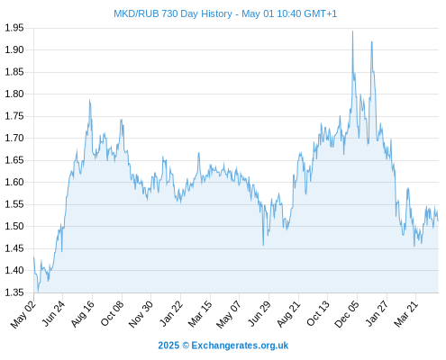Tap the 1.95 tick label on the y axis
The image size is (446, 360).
tap(14, 28)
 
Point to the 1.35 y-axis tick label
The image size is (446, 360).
tap(14, 292)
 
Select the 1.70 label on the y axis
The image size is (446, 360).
tap(14, 138)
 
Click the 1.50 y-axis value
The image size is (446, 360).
tap(14, 226)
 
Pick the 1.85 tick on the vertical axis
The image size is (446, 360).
tap(14, 72)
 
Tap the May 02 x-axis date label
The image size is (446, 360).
tap(23, 314)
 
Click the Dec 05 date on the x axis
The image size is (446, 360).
tap(347, 314)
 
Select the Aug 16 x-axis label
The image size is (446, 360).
tap(83, 314)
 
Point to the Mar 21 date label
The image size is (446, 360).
tap(405, 314)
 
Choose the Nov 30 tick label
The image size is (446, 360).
tap(141, 314)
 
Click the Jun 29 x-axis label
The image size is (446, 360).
tap(259, 314)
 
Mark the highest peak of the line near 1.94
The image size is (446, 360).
tap(352, 31)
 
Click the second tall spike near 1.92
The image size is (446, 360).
tap(372, 41)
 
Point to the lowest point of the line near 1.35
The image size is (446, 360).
tap(38, 291)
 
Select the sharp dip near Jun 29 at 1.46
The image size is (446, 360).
tap(263, 246)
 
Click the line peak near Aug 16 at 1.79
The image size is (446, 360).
tap(89, 100)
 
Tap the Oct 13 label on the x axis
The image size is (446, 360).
tap(318, 314)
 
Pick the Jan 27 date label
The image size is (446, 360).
tap(377, 314)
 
